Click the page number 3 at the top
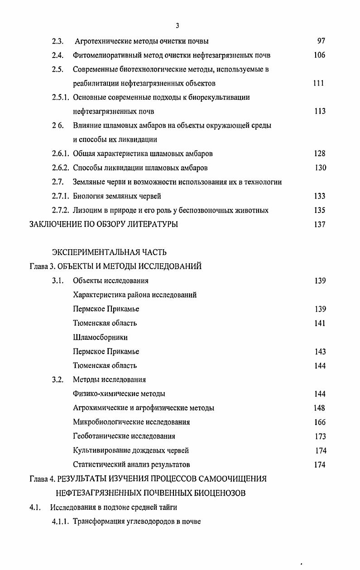point(178,25)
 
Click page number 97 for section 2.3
point(321,41)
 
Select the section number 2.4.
point(57,56)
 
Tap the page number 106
point(319,55)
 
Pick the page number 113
point(320,111)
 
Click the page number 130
point(320,168)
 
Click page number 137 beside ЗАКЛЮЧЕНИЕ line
point(320,224)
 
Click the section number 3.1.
point(57,281)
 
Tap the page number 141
point(320,324)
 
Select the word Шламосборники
point(100,338)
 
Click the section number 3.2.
point(57,380)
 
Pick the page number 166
point(320,422)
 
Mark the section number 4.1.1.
point(60,521)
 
